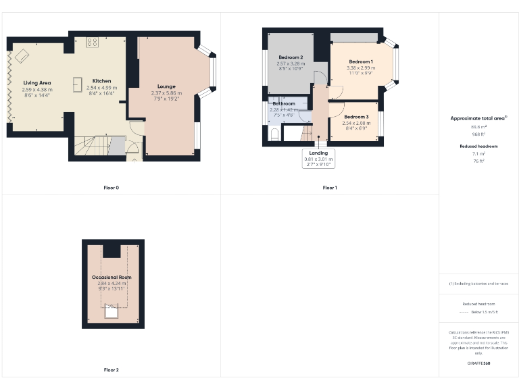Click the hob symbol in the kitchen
point(93,43)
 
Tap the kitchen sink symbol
point(77,84)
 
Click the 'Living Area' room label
point(36,82)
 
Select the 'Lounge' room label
point(166,86)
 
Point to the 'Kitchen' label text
point(102,81)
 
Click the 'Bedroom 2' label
point(290,57)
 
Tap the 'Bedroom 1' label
point(360,61)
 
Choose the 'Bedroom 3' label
point(355,117)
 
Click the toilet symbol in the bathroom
point(272,135)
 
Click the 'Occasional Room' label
point(112,278)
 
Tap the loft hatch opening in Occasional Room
point(110,311)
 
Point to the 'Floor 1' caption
point(330,188)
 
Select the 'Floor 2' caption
point(112,370)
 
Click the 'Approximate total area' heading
point(478,118)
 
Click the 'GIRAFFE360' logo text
point(478,364)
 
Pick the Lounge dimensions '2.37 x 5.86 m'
point(166,93)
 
